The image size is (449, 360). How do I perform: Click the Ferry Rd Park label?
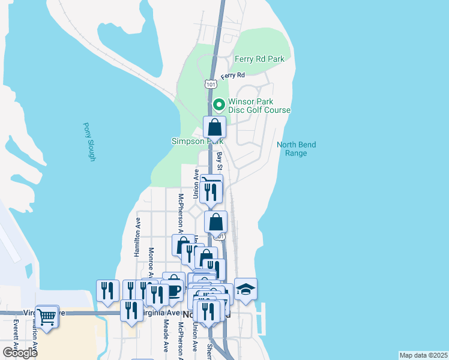259,59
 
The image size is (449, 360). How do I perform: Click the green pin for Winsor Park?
219,104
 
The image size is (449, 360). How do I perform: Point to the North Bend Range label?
296,149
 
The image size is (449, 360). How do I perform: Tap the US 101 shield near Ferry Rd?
210,83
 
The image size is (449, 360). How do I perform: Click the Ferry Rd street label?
233,76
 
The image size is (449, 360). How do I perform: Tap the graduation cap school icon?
246,289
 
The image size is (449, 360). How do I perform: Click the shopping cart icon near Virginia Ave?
47,316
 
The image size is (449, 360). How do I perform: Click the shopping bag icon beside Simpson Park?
214,127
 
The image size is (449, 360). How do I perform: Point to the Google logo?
20,353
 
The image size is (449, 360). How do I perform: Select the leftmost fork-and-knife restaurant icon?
107,290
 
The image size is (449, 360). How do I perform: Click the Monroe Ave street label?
151,262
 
